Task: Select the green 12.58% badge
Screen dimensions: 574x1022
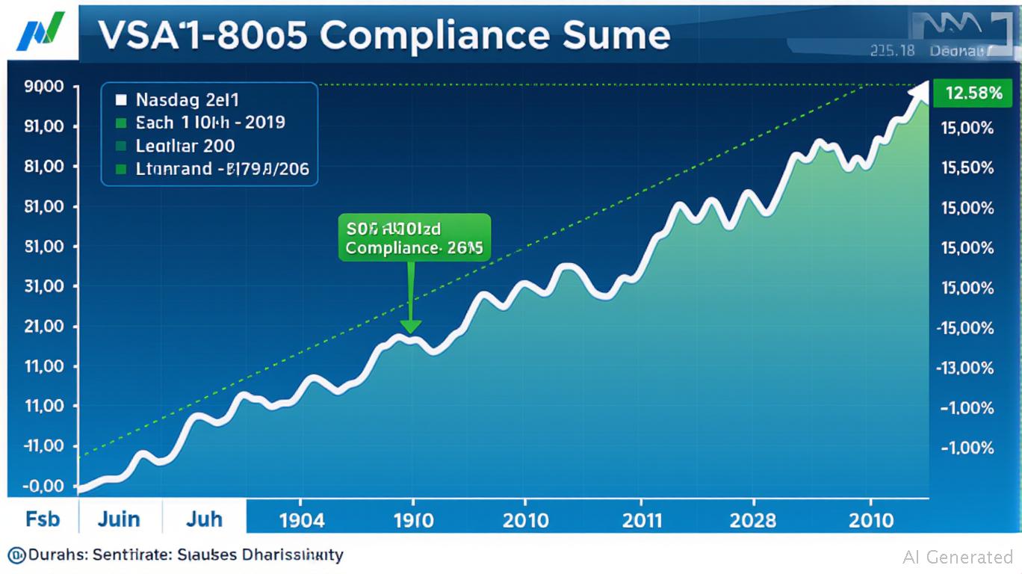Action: (973, 93)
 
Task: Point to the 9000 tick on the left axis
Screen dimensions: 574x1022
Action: (44, 86)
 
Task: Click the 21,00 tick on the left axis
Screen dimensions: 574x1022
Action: (44, 327)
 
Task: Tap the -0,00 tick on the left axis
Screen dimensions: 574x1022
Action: (43, 487)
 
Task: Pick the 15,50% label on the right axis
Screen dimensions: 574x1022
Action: (967, 168)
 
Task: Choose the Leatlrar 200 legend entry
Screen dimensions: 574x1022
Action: (185, 146)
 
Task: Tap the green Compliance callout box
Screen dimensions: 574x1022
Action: (415, 238)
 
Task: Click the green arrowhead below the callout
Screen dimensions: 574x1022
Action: (411, 327)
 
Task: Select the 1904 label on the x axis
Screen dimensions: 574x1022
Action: (300, 519)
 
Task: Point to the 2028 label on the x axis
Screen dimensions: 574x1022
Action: (753, 519)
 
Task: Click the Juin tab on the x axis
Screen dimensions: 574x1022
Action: (120, 519)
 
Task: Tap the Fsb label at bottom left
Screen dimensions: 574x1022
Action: (43, 519)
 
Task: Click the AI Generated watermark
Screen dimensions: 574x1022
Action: (958, 557)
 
